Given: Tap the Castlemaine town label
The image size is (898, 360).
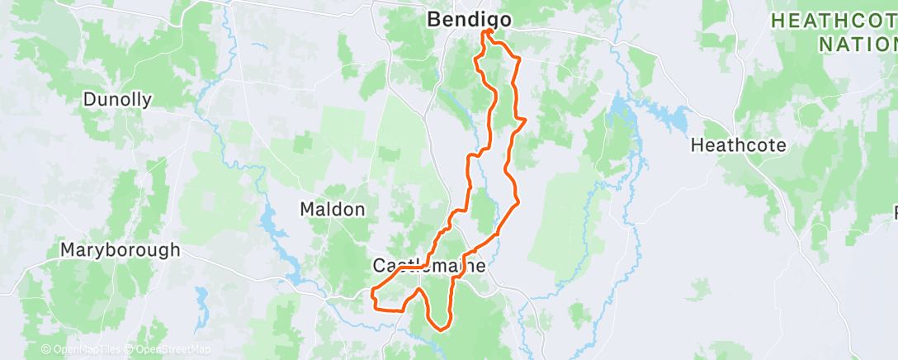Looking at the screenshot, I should click(427, 267).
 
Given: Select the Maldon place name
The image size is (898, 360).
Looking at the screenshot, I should click(332, 210).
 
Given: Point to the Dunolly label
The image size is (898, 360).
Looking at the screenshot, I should click(117, 100).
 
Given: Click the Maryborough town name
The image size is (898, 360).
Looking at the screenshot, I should click(120, 249).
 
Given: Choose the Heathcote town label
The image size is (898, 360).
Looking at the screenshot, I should click(738, 145).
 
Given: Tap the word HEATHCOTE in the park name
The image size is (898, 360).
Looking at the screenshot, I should click(834, 21).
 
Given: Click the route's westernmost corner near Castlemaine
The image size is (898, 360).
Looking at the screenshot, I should click(373, 291).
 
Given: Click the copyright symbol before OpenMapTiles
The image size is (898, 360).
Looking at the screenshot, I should click(46, 349).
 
